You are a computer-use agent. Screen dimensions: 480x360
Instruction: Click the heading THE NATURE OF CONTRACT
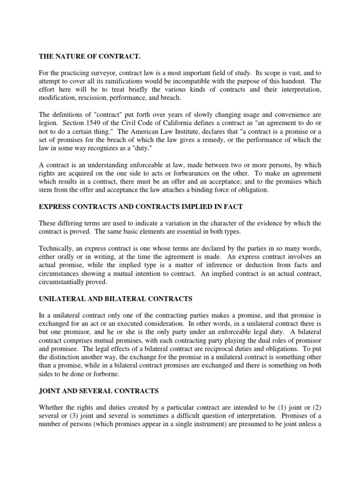click(89, 57)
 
